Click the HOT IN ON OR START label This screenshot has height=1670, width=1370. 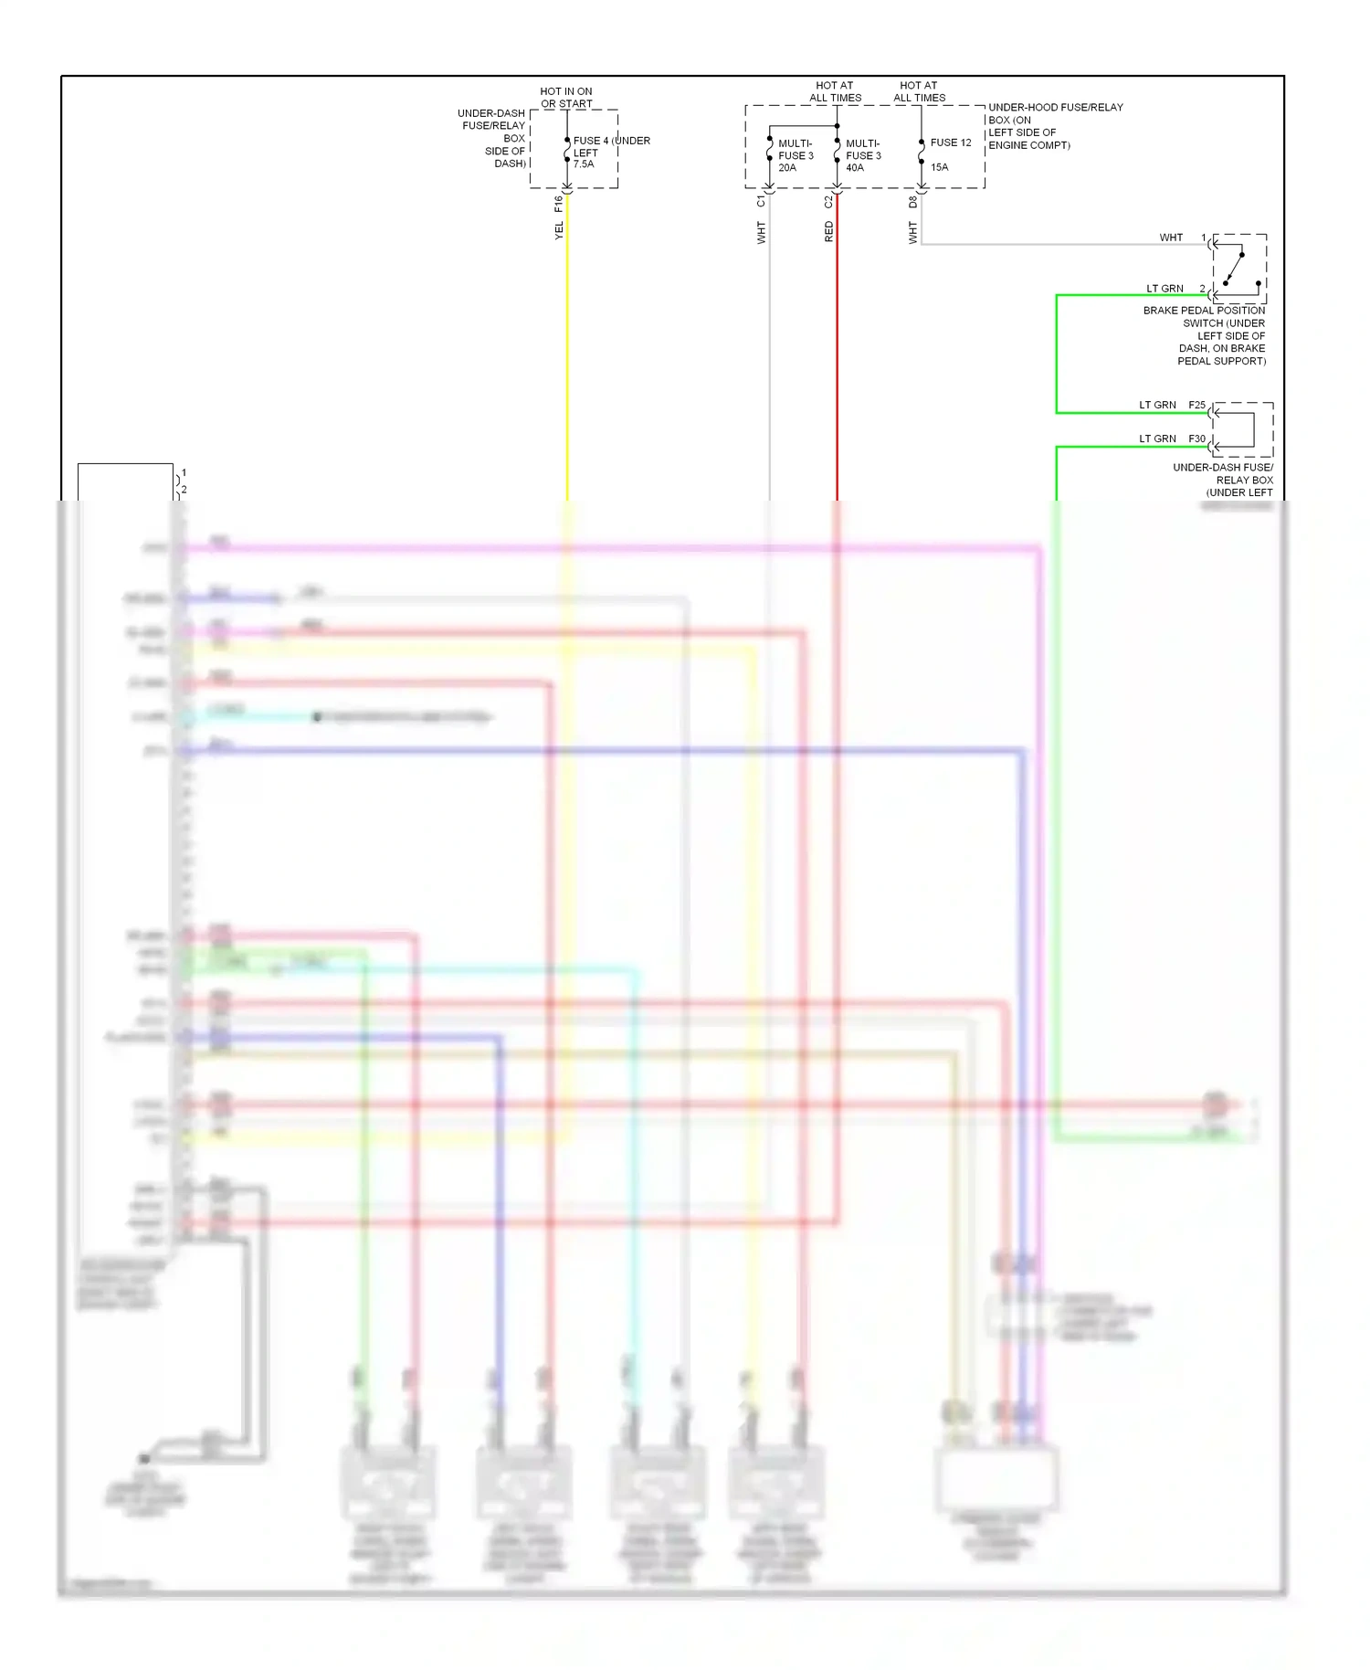[566, 98]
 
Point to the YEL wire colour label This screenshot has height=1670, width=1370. [559, 231]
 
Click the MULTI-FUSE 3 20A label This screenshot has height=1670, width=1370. [796, 155]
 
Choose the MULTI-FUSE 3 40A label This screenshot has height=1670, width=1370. [863, 155]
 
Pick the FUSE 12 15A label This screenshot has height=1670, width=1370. [950, 154]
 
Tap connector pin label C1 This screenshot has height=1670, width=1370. [761, 201]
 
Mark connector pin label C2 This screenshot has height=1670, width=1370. [829, 201]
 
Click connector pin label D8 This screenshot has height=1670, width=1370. [912, 201]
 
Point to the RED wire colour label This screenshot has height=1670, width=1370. [829, 231]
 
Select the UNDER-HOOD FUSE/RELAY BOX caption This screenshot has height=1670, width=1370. [1055, 126]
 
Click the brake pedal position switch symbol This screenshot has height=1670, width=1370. [1239, 268]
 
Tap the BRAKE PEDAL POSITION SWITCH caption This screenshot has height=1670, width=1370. [1206, 335]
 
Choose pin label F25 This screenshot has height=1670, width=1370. [1196, 405]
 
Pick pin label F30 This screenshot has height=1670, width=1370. [1196, 439]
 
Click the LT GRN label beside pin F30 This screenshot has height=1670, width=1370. [1157, 439]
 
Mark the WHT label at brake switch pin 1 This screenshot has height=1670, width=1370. [1171, 238]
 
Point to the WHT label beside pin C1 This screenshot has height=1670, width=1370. [761, 233]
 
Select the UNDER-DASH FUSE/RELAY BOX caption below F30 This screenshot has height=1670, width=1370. [1224, 480]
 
